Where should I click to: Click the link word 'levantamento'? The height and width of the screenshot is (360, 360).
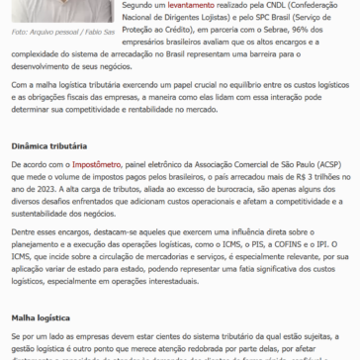[x=174, y=5]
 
